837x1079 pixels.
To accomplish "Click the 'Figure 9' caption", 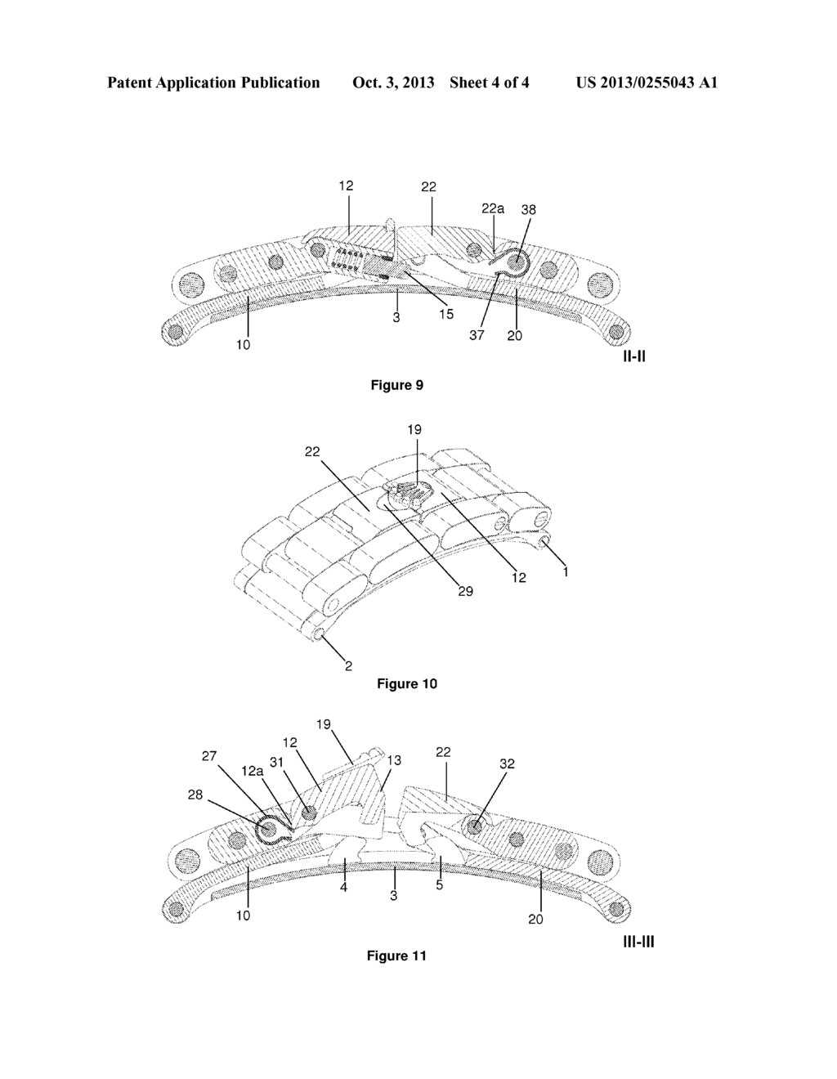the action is [397, 385].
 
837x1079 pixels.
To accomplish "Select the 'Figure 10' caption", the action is [407, 683].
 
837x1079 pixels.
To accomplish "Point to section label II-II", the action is [634, 356].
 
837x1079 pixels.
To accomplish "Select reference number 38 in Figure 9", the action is [529, 210].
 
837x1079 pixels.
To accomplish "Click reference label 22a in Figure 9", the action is [492, 208].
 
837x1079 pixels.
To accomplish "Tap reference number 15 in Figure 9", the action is [446, 314].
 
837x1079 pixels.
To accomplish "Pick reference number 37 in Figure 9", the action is [477, 335].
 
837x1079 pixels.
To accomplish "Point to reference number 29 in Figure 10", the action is [466, 591].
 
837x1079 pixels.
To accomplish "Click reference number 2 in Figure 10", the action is [348, 666].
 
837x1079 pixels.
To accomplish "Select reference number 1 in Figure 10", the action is [566, 571].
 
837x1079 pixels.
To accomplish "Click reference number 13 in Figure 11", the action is [394, 760].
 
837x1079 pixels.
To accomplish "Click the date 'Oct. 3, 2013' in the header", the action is [393, 83].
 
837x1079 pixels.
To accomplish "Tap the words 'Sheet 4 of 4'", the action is [490, 83].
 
